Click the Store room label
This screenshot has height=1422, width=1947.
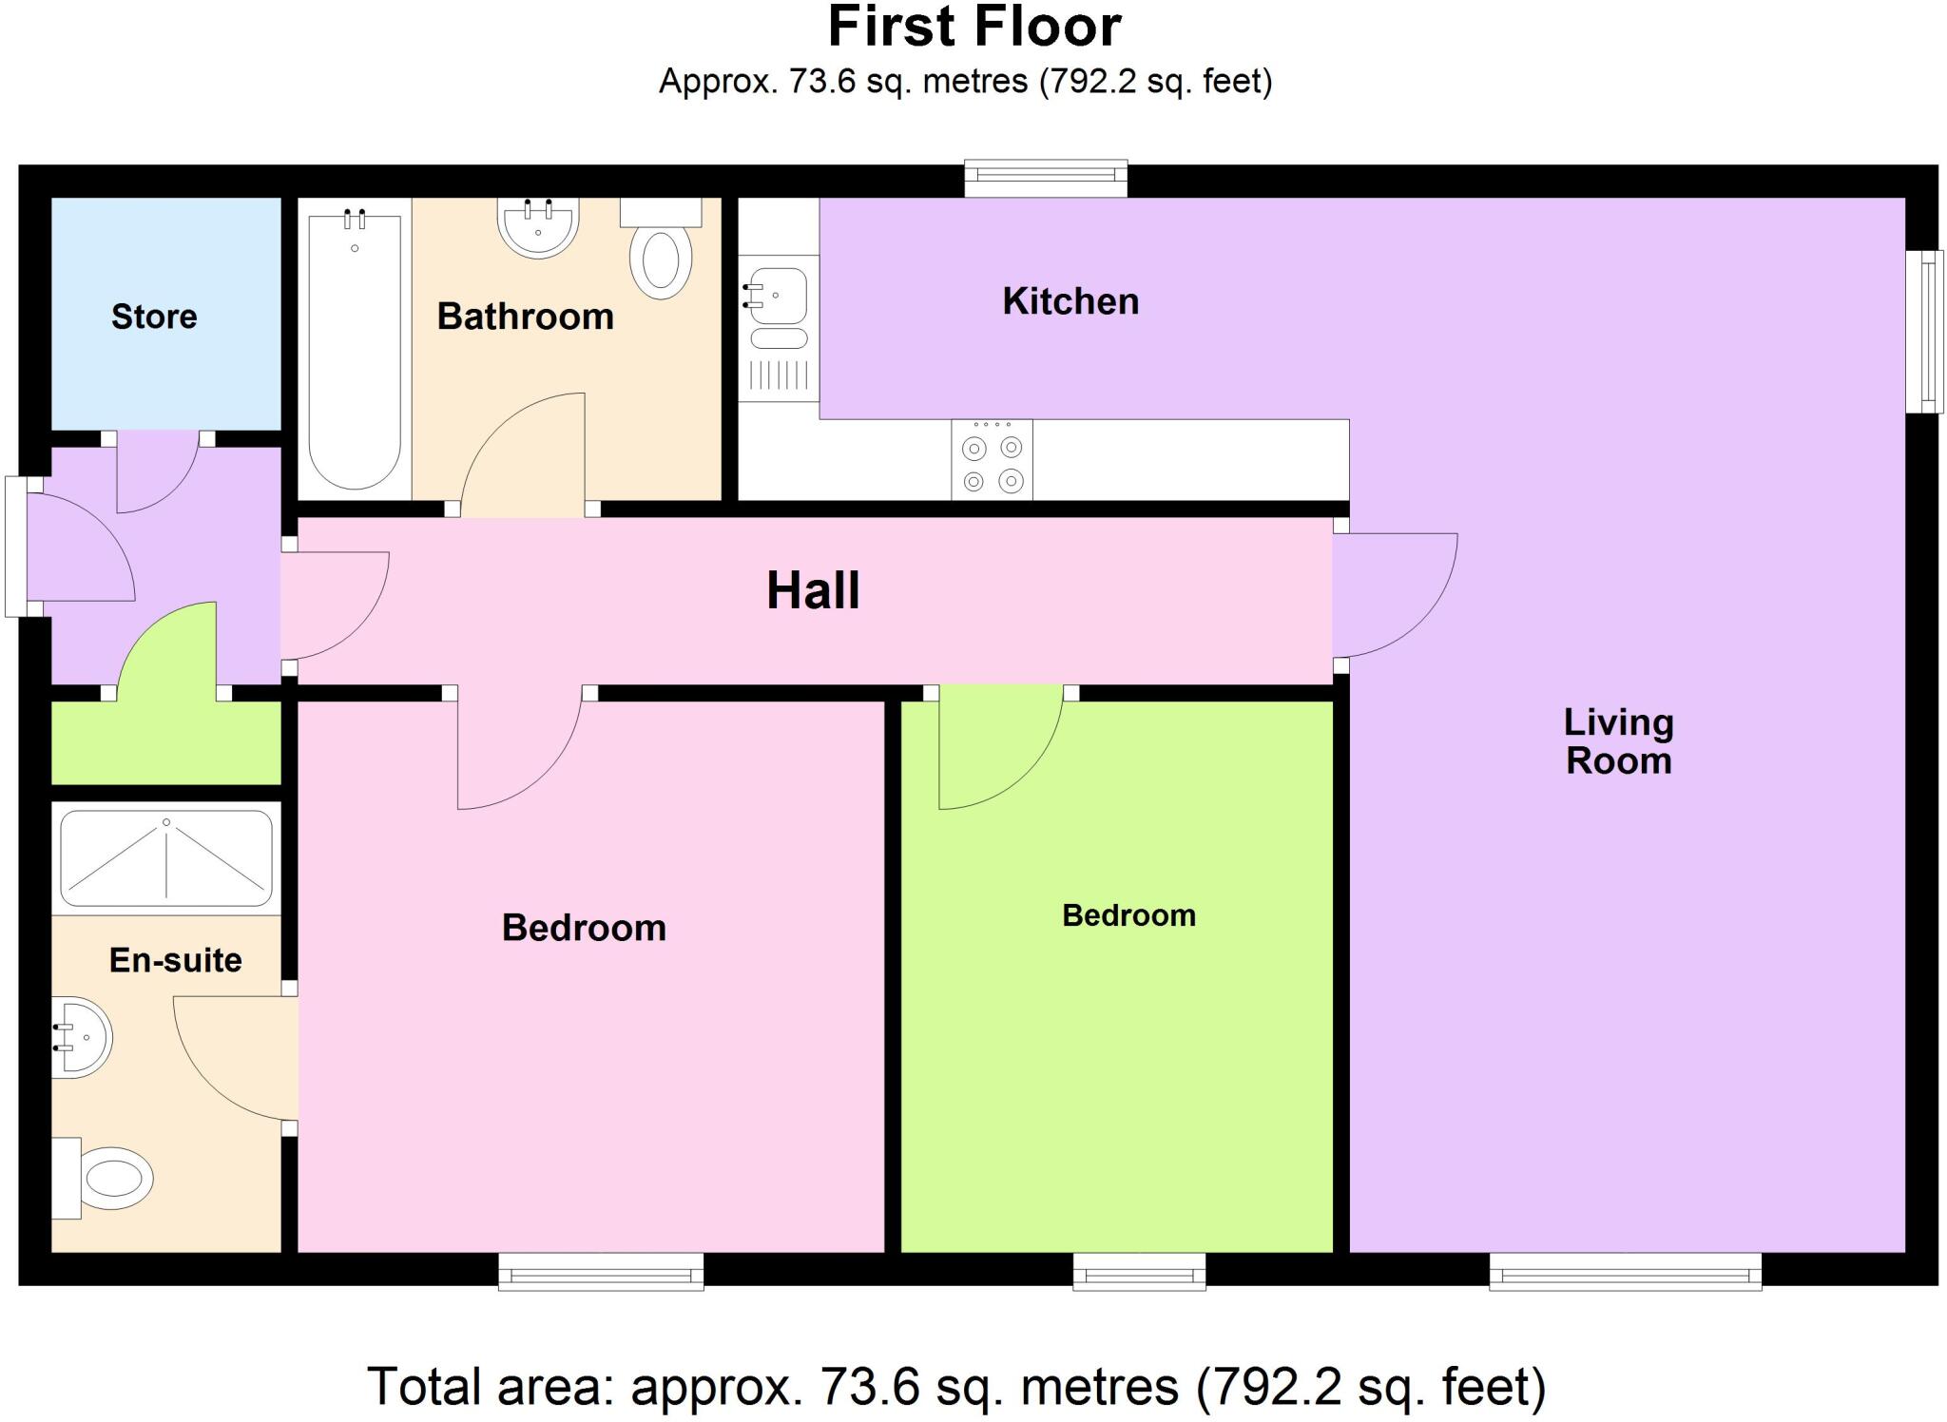(x=154, y=317)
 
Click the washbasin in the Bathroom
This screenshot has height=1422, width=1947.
(x=538, y=228)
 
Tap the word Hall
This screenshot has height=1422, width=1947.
(x=813, y=590)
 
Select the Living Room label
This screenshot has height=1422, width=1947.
(x=1618, y=741)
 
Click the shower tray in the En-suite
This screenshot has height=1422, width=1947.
(x=166, y=858)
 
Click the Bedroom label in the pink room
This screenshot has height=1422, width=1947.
(x=584, y=928)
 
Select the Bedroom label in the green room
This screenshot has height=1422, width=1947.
(x=1128, y=915)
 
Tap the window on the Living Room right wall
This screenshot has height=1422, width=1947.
(x=1925, y=332)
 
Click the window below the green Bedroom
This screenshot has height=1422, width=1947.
(x=1139, y=1272)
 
